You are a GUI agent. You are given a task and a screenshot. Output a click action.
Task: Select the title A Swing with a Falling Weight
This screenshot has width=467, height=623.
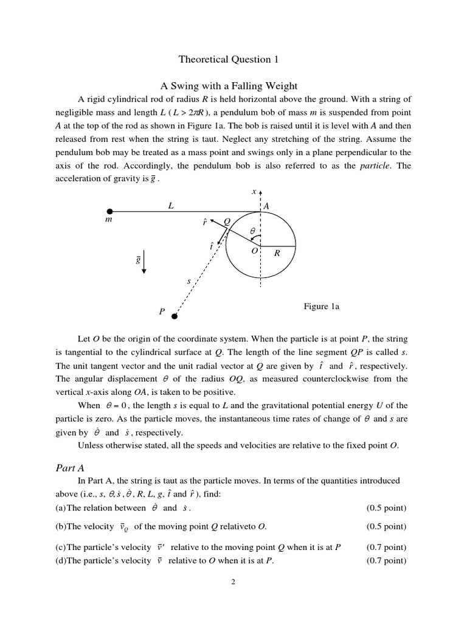(233, 85)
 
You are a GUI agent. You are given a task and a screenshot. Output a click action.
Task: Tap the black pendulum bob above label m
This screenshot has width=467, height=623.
(110, 211)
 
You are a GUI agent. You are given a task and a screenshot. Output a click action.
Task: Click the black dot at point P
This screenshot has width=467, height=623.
(175, 316)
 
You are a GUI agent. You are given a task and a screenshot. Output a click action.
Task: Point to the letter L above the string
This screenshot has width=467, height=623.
(171, 206)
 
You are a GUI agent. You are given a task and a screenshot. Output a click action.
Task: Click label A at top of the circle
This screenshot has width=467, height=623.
(266, 207)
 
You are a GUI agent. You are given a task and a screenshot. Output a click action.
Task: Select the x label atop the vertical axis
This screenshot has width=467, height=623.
(254, 192)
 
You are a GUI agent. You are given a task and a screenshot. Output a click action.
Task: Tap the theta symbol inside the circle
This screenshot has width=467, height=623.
(253, 231)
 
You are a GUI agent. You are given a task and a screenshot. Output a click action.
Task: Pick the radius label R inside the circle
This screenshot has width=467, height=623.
(277, 254)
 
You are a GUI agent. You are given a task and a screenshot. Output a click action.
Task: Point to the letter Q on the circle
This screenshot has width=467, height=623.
(227, 222)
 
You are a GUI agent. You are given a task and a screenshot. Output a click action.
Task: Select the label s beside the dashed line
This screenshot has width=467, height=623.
(189, 281)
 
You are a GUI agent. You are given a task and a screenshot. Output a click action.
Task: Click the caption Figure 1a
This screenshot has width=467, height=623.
(322, 307)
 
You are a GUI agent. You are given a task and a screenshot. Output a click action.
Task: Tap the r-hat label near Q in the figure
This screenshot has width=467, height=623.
(204, 223)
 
